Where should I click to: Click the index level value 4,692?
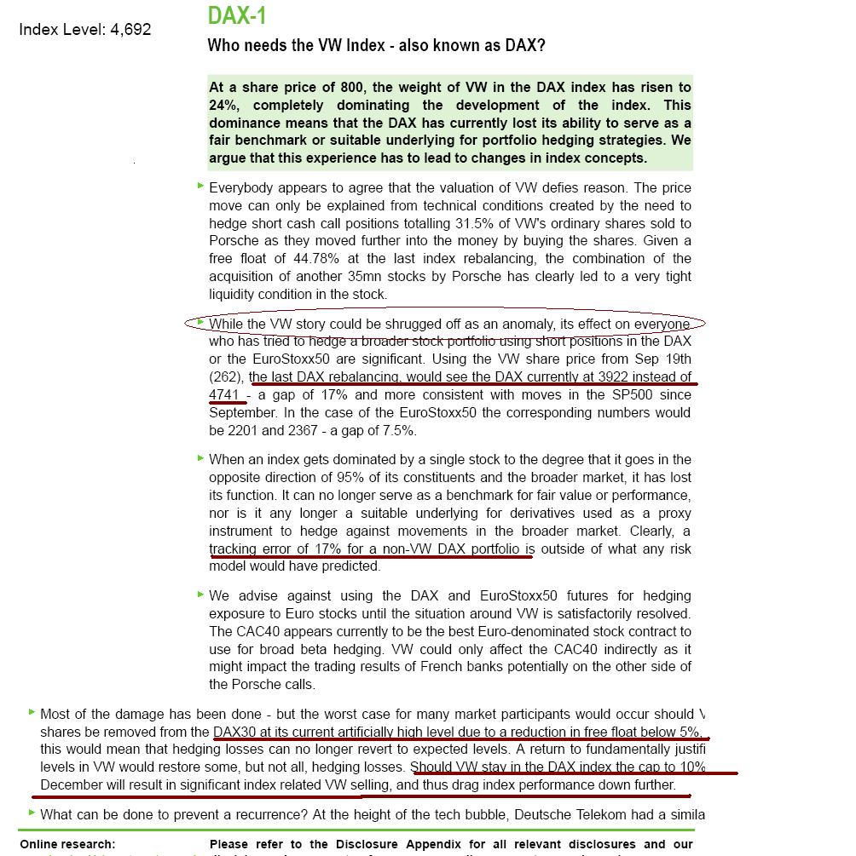pyautogui.click(x=130, y=29)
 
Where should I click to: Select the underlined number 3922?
pyautogui.click(x=618, y=376)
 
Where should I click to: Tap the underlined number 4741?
pyautogui.click(x=224, y=394)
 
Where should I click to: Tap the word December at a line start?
pyautogui.click(x=72, y=784)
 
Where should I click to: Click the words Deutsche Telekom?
pyautogui.click(x=577, y=815)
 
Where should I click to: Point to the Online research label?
pyautogui.click(x=67, y=844)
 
